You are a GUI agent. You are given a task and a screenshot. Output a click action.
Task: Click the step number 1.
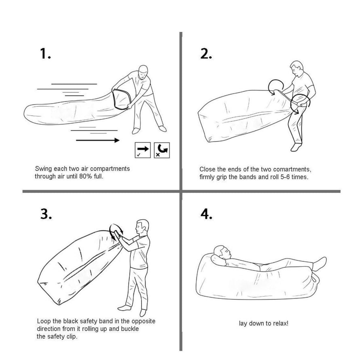click(x=45, y=54)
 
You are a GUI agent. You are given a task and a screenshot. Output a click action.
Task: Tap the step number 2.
click(x=206, y=54)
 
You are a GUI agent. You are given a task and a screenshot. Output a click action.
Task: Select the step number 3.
click(x=46, y=214)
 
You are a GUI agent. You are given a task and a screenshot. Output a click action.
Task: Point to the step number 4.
click(x=207, y=214)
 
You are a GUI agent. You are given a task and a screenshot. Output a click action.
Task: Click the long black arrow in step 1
click(x=97, y=140)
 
